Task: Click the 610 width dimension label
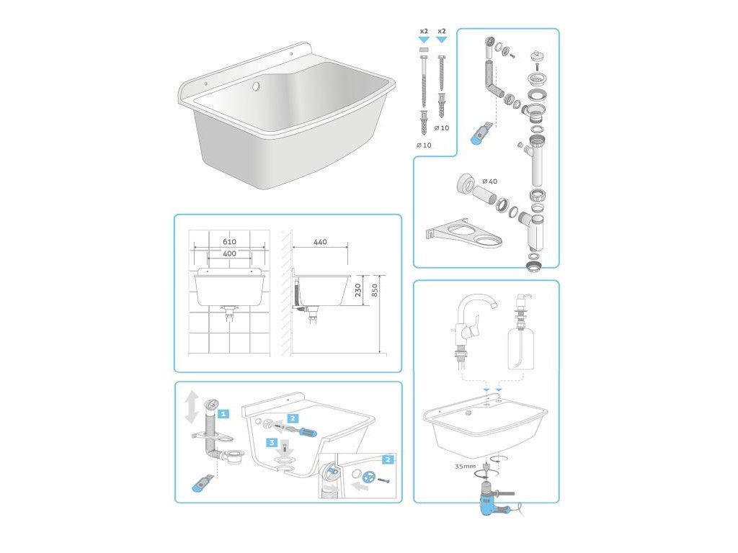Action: coord(229,242)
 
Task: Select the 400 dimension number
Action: coord(229,253)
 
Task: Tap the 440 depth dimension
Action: coord(320,242)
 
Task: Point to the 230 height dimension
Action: coord(358,290)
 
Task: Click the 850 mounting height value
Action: coord(375,290)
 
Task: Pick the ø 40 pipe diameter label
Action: coord(489,181)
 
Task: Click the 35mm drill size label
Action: coord(465,467)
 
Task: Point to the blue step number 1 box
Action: coord(223,414)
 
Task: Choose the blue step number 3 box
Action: coord(272,443)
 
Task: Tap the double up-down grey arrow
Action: coord(192,407)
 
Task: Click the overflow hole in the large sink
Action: coord(256,86)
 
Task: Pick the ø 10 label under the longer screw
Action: coord(424,145)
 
